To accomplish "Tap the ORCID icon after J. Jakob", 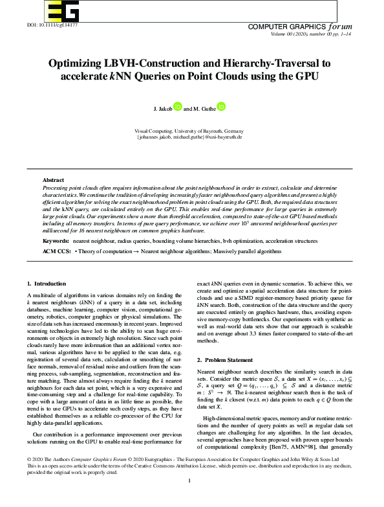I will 178,107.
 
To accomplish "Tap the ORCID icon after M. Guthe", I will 221,107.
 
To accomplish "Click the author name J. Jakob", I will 163,109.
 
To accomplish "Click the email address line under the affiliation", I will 189,137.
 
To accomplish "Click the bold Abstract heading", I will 53,179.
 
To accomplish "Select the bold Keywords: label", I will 56,222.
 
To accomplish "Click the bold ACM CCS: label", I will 56,232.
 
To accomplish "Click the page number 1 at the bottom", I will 189,498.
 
